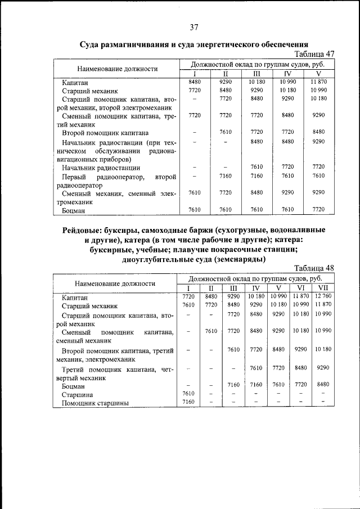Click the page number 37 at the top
194,28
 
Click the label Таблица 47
314,53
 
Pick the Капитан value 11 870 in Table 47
318,82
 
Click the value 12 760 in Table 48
322,296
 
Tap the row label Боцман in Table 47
73,211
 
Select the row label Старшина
77,394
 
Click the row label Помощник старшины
95,403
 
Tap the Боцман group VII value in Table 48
322,385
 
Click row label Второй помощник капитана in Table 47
105,133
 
